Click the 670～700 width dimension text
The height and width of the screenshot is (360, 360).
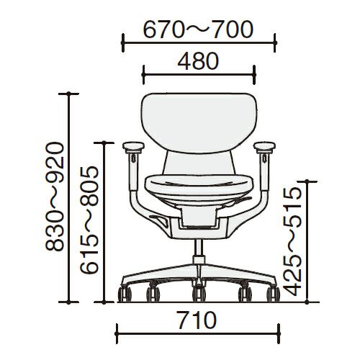(198, 30)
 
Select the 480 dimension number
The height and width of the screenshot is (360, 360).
(198, 61)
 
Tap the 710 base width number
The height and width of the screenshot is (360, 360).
(197, 320)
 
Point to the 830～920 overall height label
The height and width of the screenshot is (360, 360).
(55, 197)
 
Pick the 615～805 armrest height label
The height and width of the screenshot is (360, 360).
(89, 220)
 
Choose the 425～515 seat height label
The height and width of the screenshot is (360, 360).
(292, 241)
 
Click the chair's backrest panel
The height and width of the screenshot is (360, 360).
(199, 123)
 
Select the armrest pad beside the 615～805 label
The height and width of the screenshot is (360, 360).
(133, 147)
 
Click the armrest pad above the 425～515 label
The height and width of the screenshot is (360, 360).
(264, 147)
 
